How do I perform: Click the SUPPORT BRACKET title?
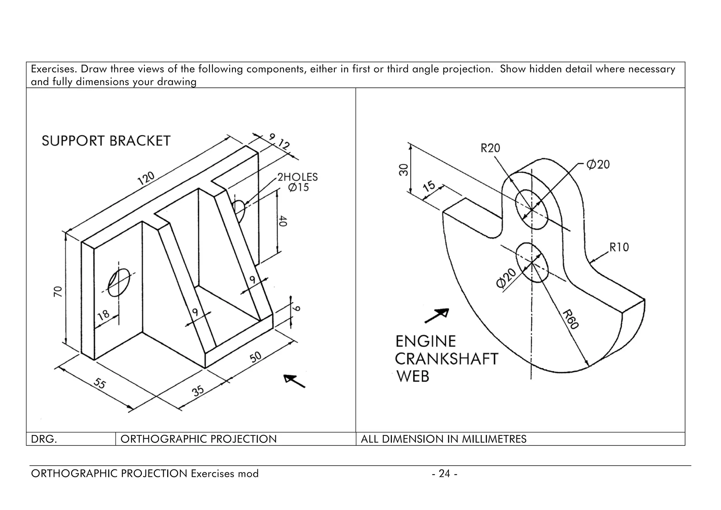(x=106, y=141)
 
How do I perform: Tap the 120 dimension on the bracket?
(x=146, y=178)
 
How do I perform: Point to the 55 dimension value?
(x=100, y=383)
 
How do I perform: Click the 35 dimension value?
(x=198, y=391)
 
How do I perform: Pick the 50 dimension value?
(x=256, y=357)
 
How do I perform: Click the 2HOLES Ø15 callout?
(x=297, y=182)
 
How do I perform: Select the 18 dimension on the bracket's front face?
(x=104, y=315)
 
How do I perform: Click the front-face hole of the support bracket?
(x=119, y=283)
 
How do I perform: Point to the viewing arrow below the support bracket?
(x=294, y=381)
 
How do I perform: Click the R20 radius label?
(x=490, y=148)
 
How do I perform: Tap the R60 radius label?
(x=570, y=319)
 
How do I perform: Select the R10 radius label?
(x=619, y=247)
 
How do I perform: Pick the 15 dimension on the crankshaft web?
(x=429, y=186)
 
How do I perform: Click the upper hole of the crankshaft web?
(x=531, y=209)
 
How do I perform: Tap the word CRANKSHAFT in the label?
(x=446, y=359)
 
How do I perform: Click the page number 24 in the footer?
(x=445, y=473)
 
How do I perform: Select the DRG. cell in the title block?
(x=44, y=439)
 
